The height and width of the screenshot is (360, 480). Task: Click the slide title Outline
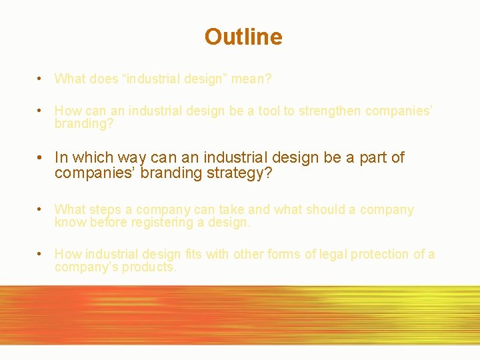click(243, 37)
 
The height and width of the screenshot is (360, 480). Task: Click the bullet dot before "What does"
click(41, 79)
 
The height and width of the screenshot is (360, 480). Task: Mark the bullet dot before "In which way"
click(41, 158)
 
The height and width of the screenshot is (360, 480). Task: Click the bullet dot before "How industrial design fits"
click(41, 254)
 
